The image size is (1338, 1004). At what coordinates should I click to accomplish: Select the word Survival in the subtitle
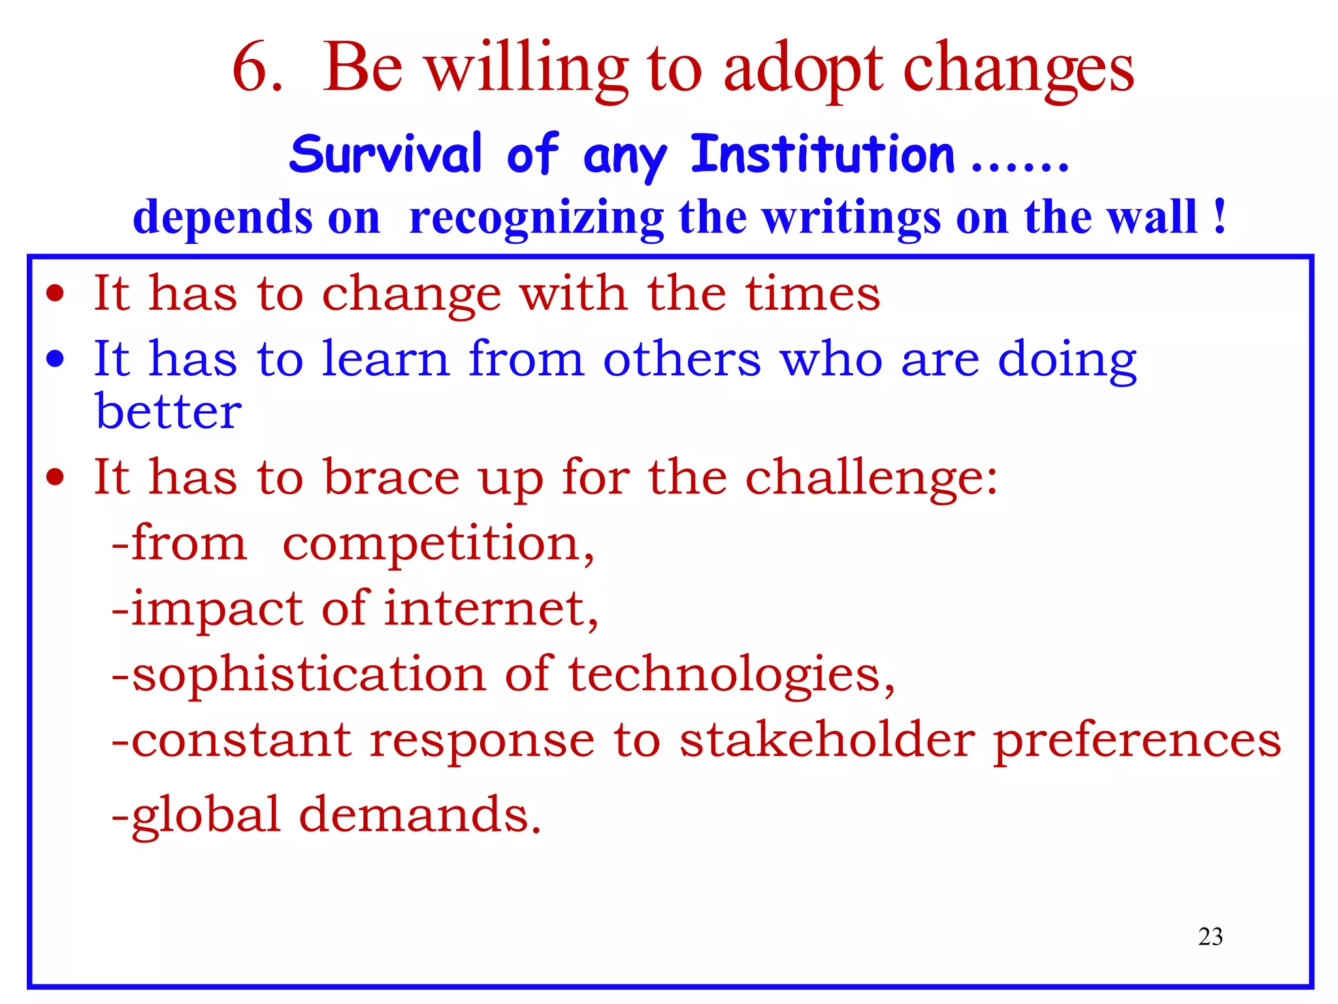click(385, 154)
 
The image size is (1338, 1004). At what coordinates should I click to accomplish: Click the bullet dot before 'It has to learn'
click(56, 359)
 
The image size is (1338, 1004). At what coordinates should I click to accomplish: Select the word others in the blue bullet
click(681, 360)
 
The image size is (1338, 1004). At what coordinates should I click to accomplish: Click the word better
click(169, 412)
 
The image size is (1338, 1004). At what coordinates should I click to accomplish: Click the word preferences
click(1137, 741)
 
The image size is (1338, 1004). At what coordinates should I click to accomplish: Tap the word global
click(206, 816)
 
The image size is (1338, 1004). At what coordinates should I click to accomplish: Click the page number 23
click(1210, 937)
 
